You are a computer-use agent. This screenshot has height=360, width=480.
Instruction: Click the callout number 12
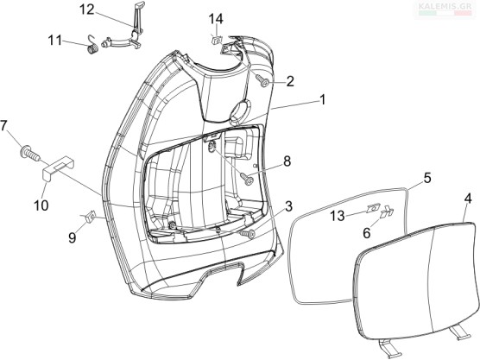[87, 9]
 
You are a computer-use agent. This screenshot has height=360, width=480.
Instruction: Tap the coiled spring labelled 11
[92, 45]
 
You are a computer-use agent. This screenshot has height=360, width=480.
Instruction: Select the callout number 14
[216, 19]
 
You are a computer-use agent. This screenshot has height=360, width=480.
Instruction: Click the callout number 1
[322, 100]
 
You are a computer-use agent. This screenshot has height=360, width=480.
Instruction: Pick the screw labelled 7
[29, 153]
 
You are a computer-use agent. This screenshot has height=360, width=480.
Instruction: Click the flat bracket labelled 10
[59, 169]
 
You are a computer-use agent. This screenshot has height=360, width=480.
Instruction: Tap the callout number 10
[41, 205]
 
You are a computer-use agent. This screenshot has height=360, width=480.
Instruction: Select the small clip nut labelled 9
[90, 217]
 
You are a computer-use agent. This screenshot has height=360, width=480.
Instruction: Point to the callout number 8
[287, 161]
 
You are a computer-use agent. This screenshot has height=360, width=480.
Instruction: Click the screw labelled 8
[247, 179]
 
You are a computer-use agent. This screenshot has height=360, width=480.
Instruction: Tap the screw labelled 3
[248, 234]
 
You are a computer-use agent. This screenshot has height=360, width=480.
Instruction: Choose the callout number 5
[427, 178]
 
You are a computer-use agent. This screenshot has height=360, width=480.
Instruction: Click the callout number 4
[468, 199]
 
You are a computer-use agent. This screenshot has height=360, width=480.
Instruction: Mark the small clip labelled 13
[373, 208]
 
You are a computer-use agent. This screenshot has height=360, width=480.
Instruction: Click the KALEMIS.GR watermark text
[445, 6]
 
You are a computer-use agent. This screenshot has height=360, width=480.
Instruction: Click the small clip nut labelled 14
[217, 40]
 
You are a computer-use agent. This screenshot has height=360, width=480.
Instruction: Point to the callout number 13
[338, 217]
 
